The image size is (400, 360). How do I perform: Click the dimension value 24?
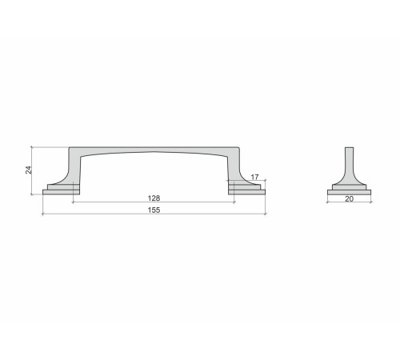[29, 170]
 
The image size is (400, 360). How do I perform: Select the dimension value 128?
[154, 198]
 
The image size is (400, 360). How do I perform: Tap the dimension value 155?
[154, 210]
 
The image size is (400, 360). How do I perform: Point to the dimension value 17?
[254, 177]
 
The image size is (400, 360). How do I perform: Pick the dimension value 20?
[349, 198]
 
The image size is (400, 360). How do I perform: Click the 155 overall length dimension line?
[154, 214]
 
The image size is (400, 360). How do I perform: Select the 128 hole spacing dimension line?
[154, 202]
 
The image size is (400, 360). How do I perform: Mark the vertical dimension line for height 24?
[32, 170]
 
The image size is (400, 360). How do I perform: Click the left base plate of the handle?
[61, 192]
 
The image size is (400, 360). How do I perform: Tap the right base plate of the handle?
[247, 192]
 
